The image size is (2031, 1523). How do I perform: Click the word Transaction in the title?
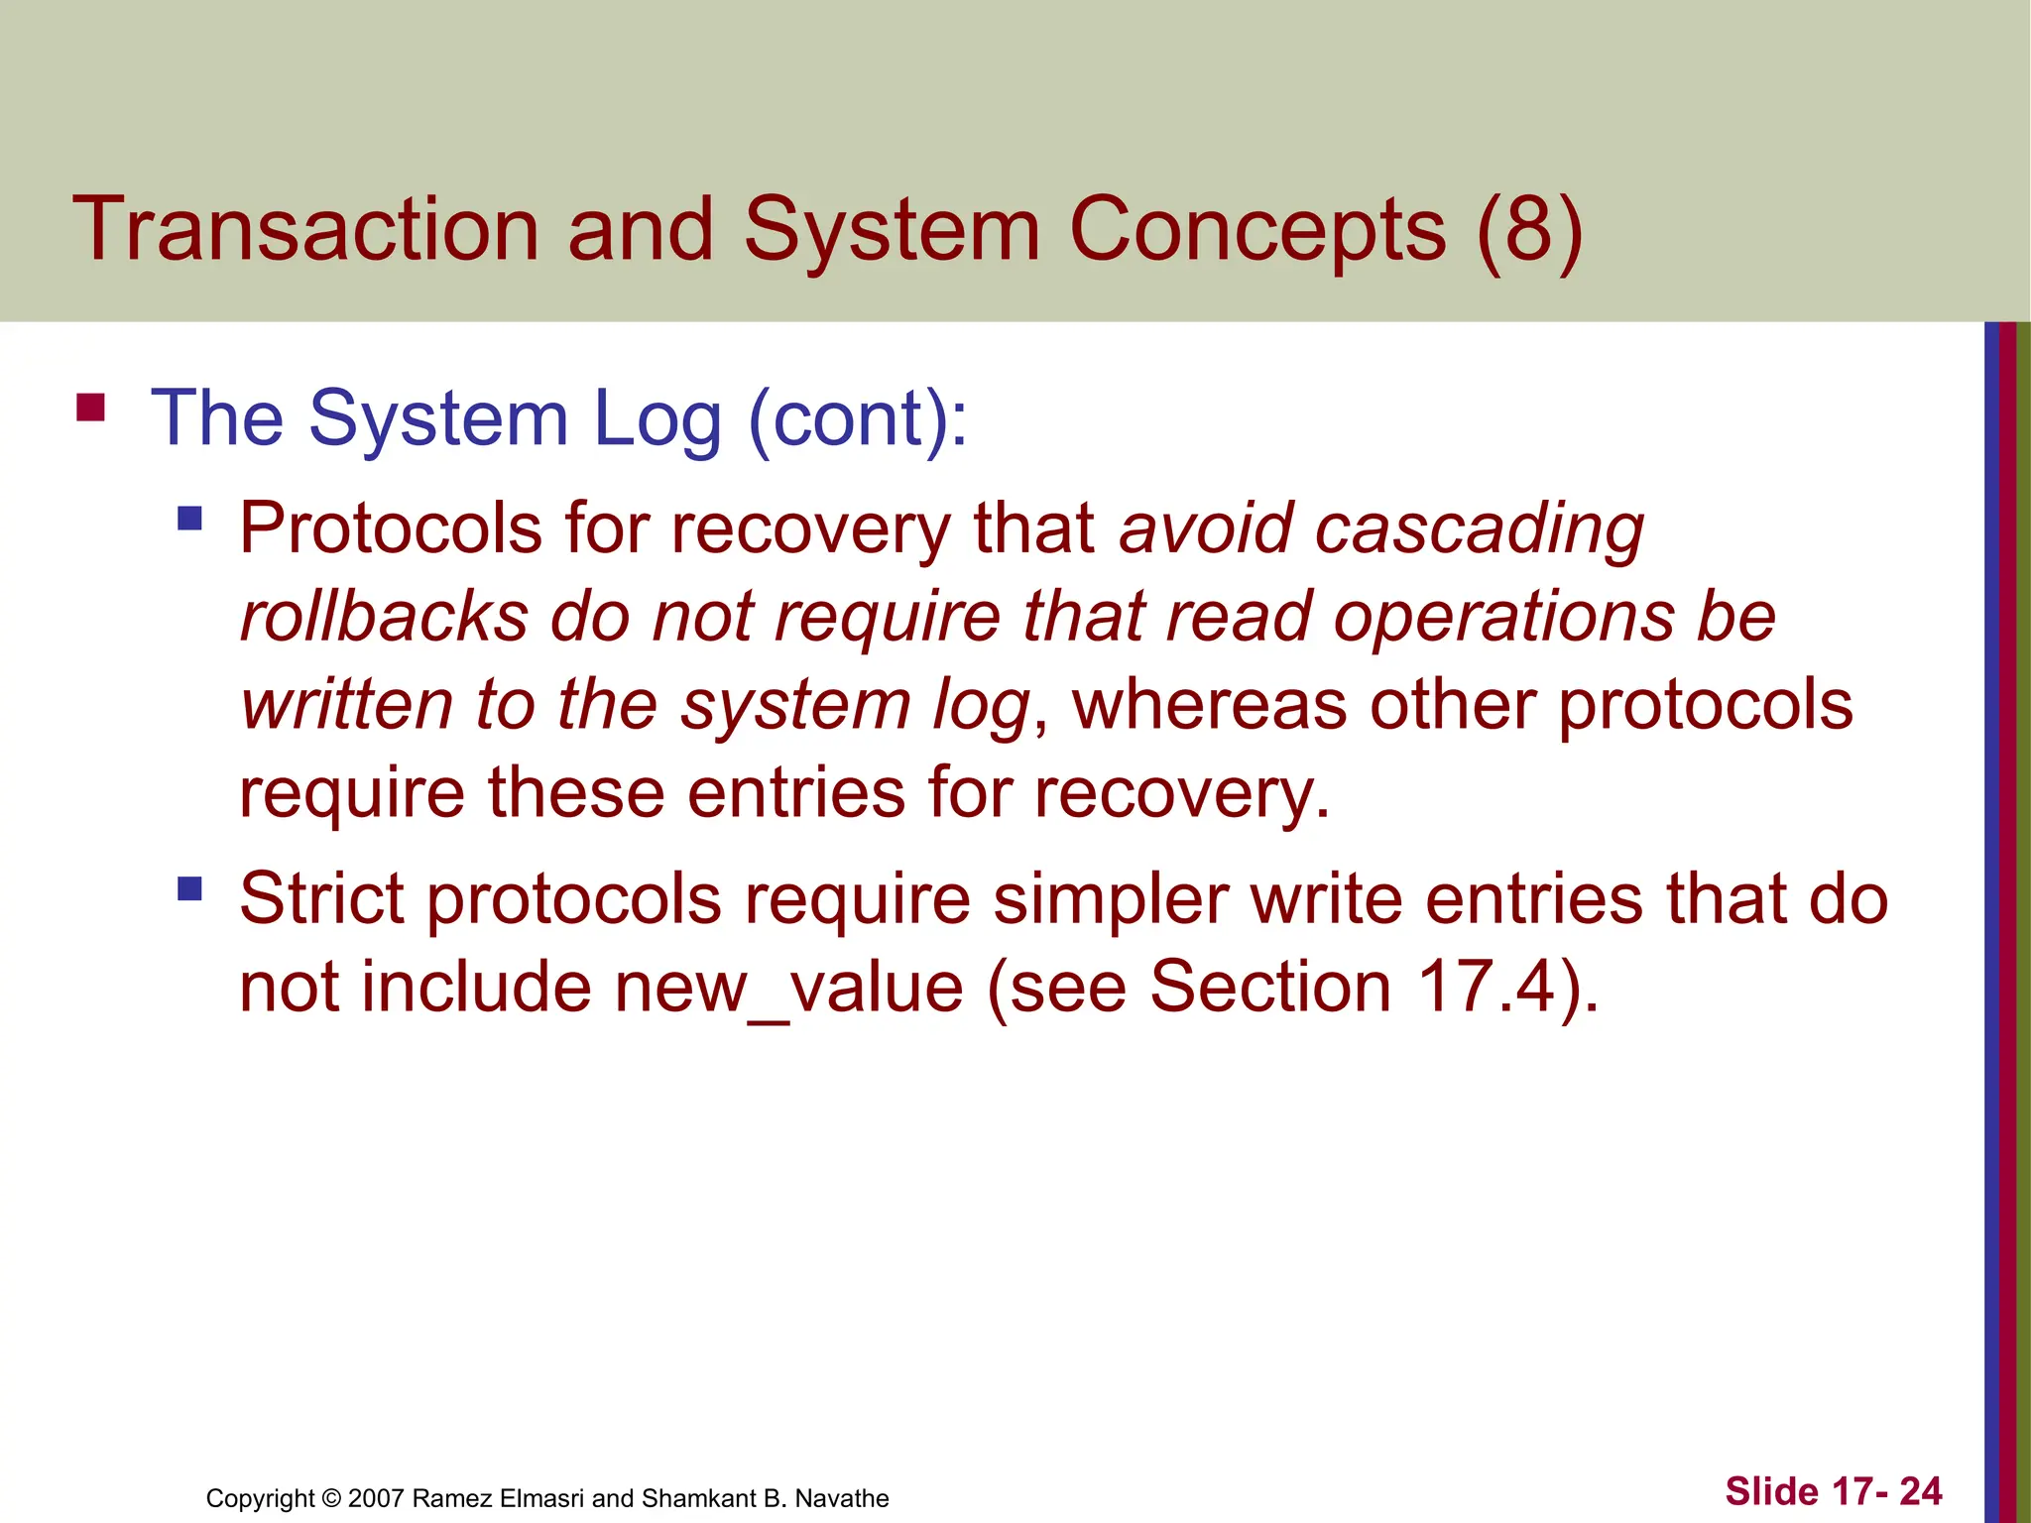(305, 230)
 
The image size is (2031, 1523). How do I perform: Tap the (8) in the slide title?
(1528, 230)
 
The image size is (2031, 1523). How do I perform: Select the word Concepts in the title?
(1256, 230)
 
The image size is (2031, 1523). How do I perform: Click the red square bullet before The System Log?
(90, 409)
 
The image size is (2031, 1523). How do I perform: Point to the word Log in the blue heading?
(657, 418)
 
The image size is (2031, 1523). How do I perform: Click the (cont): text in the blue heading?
(858, 418)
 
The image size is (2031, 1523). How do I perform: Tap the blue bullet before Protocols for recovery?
(189, 518)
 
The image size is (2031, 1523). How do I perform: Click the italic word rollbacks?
(385, 617)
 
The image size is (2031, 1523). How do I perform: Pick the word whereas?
(1209, 705)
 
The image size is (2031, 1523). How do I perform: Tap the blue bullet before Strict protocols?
(189, 887)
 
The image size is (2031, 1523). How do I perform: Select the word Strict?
(331, 899)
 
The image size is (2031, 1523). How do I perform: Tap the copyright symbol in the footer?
(331, 1498)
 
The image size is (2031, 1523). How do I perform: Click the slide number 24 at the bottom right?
(1920, 1491)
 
